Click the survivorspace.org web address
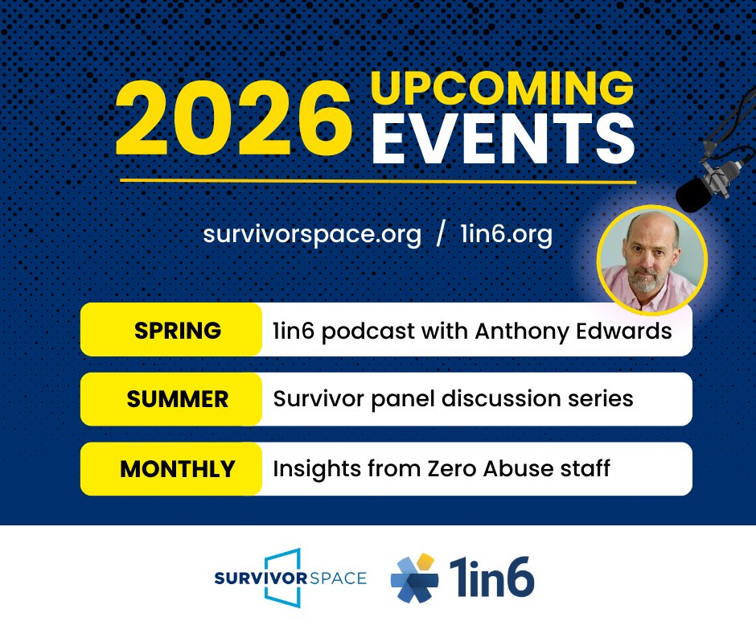pyautogui.click(x=312, y=235)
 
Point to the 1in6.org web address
pyautogui.click(x=507, y=235)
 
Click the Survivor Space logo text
pyautogui.click(x=290, y=578)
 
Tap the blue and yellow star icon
pyautogui.click(x=415, y=578)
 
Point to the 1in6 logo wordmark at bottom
pyautogui.click(x=491, y=578)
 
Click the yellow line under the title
pyautogui.click(x=378, y=181)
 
